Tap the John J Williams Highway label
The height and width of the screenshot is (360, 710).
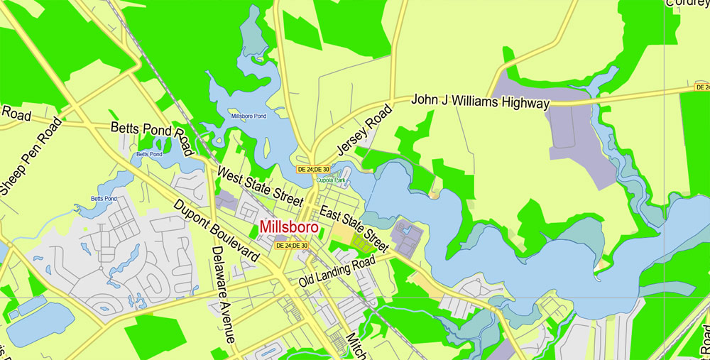coord(481,102)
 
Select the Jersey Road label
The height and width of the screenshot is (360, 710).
coord(364,130)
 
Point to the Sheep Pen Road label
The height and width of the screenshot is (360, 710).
coord(32,156)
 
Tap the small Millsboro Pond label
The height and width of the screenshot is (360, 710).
coord(248,116)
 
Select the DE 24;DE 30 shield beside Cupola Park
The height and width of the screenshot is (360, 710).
coord(313,169)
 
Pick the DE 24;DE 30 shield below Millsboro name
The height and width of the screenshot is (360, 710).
coord(292,246)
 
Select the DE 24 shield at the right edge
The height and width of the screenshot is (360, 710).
coord(701,87)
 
